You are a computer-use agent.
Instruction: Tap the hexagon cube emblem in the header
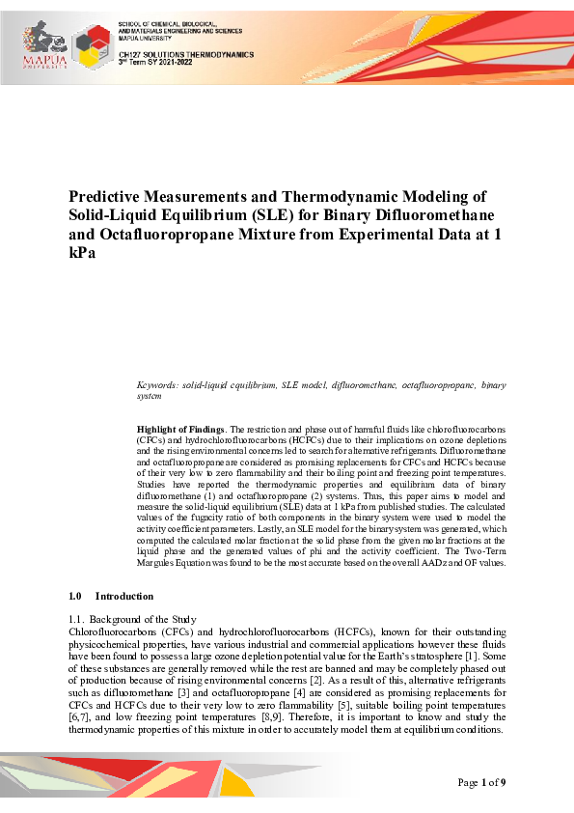point(90,46)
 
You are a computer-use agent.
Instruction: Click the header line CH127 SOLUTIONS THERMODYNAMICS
point(185,55)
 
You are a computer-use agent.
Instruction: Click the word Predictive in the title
point(108,196)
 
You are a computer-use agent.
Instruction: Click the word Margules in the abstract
point(160,563)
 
